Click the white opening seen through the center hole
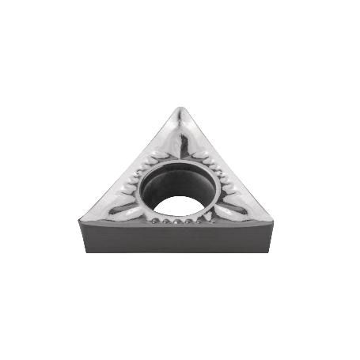pyautogui.click(x=178, y=207)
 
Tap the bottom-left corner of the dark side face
pyautogui.click(x=85, y=251)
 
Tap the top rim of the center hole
pyautogui.click(x=178, y=162)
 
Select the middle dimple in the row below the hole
pyautogui.click(x=177, y=222)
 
